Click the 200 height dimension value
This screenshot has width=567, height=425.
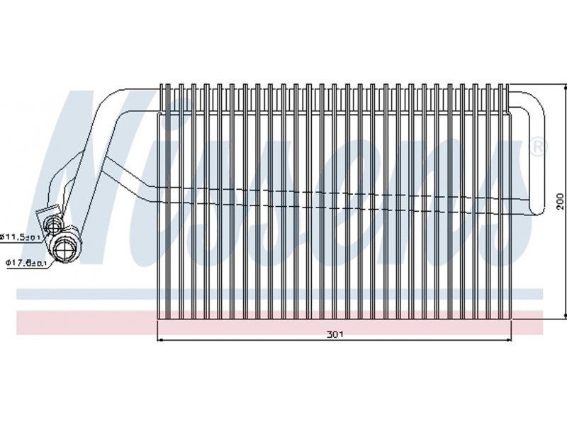click(x=560, y=200)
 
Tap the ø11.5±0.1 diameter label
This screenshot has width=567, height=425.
click(x=19, y=236)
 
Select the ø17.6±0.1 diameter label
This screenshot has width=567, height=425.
click(x=26, y=263)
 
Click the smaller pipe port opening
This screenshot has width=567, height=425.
click(x=54, y=226)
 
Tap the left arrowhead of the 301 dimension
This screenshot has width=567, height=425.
click(x=159, y=341)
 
